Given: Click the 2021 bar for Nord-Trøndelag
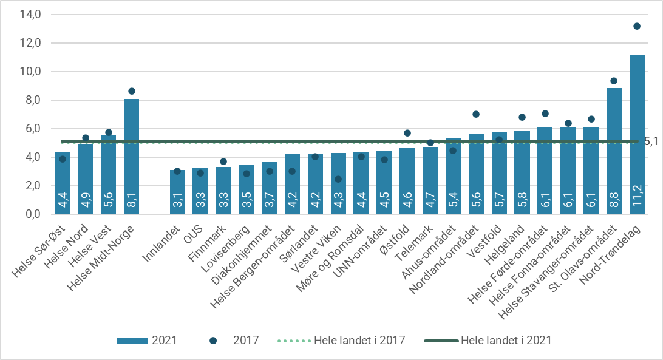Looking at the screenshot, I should pos(637,134).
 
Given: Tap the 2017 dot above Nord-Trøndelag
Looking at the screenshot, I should pos(637,26).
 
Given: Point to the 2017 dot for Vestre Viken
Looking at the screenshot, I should pos(338,179).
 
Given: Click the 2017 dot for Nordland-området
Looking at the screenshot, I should pos(476,114).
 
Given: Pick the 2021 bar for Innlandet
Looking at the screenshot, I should pos(177,192).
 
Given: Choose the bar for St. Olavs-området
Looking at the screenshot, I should pos(614,151).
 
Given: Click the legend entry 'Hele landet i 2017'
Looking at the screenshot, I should pos(359,340).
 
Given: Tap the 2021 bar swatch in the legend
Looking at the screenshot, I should pos(131,340).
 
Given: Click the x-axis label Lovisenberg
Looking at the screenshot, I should pos(230,246).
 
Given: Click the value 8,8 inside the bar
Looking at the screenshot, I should pos(614,200).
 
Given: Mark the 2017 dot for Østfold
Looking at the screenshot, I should pos(407,133).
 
